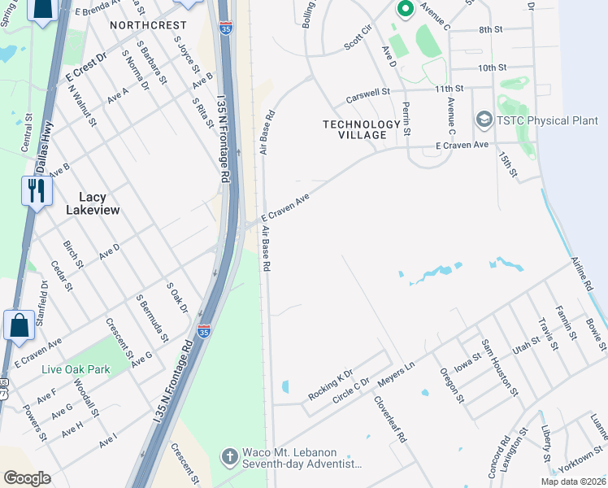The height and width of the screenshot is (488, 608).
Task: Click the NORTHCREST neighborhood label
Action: coord(148,25)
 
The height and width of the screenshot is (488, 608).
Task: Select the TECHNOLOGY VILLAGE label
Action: coord(362,129)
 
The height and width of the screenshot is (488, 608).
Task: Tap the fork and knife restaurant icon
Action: coord(37,191)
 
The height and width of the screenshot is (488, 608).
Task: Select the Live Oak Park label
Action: coord(76,369)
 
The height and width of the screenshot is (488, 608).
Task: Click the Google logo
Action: coord(27,478)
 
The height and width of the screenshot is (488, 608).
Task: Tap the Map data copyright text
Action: coord(571,481)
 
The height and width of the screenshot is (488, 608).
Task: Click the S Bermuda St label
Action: coord(153,318)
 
